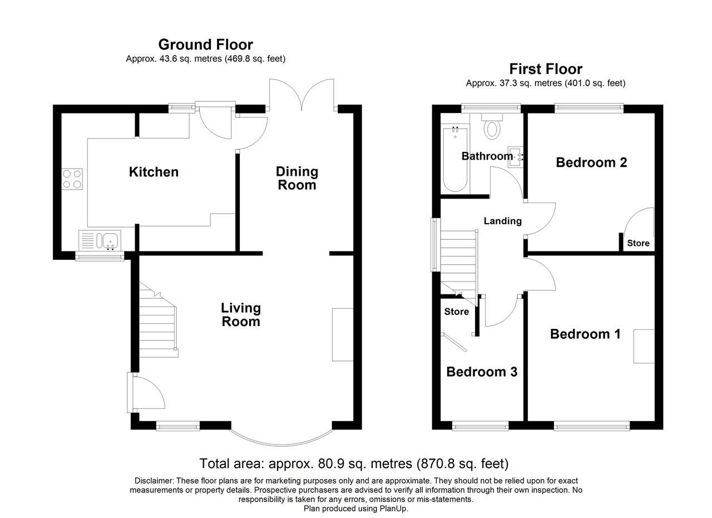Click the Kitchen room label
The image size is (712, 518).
(x=154, y=172)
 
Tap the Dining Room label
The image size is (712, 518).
(x=297, y=178)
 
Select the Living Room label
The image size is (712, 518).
(x=241, y=314)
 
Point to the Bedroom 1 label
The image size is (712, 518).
(x=585, y=334)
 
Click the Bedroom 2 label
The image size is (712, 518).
(x=591, y=162)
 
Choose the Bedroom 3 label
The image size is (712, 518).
(x=482, y=372)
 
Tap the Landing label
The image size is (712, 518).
(x=502, y=221)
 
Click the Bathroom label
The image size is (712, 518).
(x=487, y=156)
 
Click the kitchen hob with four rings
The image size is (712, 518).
(x=72, y=179)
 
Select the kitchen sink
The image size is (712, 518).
(x=100, y=240)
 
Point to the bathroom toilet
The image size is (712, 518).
(x=492, y=126)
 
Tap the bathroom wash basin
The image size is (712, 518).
(x=515, y=156)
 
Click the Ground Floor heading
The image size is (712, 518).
(x=206, y=45)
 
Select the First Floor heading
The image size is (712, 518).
(x=546, y=68)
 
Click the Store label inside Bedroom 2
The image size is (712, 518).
(x=638, y=243)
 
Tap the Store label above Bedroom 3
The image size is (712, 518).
(x=457, y=312)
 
